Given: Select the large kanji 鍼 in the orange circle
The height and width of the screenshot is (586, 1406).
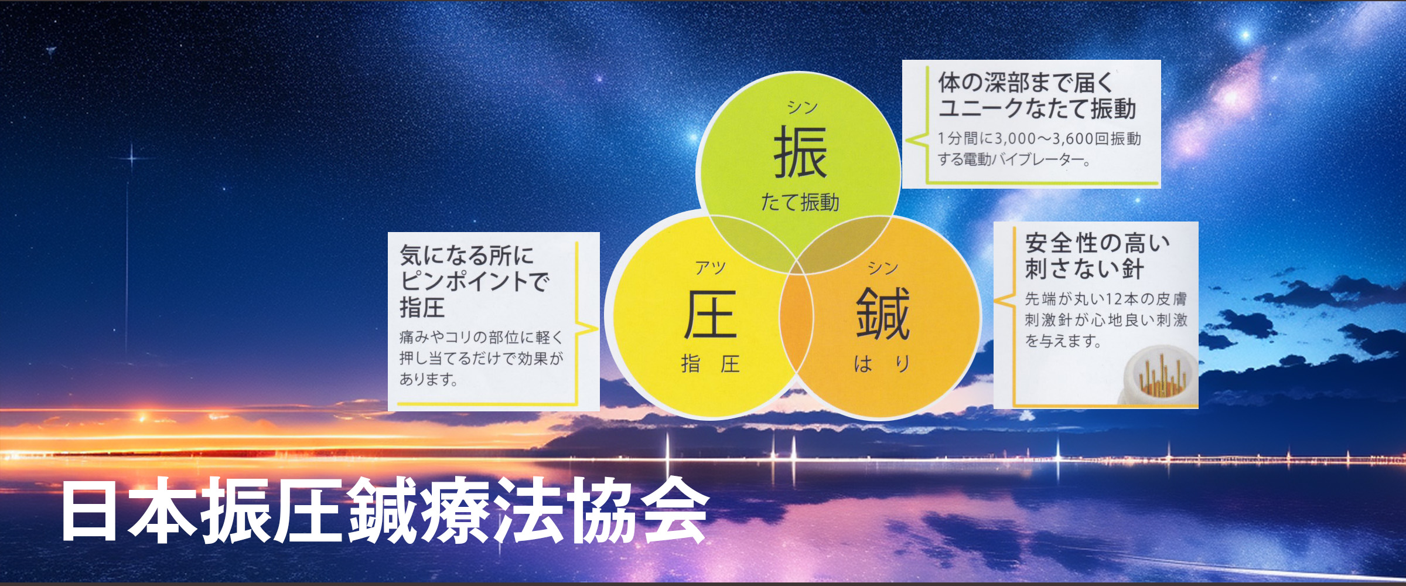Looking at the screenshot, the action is pos(883,314).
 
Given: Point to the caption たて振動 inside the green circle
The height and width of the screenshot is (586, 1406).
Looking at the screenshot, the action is pos(800,202).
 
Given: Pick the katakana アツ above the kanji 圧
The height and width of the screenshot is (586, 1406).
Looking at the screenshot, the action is pos(711,268).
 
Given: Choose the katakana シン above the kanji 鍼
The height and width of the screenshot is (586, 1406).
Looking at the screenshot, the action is pos(883,268).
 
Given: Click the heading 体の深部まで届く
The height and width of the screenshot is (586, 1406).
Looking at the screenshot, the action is pos(1026,83).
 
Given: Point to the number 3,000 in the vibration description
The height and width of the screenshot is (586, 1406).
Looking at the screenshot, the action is pos(1015,139).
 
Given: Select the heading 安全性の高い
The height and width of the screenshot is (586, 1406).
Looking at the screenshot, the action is pos(1097,243).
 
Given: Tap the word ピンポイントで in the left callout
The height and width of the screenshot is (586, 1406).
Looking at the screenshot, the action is pos(475,281).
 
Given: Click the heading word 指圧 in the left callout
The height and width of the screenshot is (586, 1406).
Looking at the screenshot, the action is pos(422,308).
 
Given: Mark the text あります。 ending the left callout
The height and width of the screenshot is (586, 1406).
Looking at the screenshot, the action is pos(428,380).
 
